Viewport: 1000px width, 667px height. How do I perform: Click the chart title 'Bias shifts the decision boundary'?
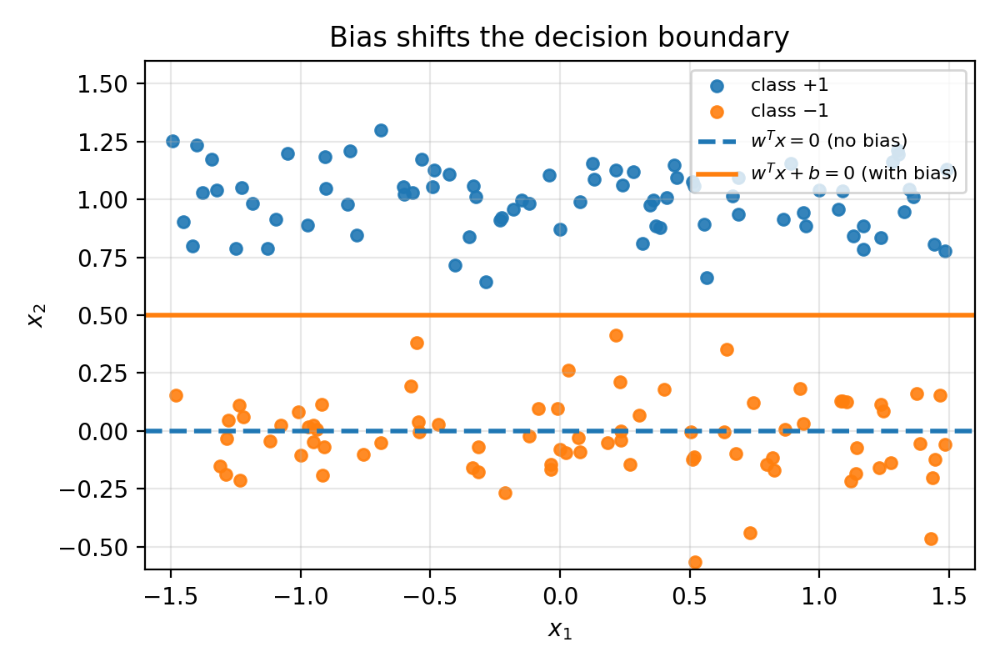[559, 38]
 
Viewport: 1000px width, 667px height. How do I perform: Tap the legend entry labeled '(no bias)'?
[829, 138]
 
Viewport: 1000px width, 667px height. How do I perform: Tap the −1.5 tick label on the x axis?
[170, 596]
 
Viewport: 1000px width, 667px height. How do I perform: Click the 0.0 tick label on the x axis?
[559, 596]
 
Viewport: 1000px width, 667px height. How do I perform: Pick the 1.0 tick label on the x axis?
[818, 596]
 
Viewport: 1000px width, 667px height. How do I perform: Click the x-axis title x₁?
[559, 629]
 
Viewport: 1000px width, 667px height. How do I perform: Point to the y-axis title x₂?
[35, 316]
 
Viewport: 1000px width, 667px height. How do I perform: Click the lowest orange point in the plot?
[695, 562]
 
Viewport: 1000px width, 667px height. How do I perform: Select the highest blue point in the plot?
[381, 130]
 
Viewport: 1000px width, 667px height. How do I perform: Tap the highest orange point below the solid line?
[616, 335]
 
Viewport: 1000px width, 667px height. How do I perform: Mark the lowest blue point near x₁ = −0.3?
[486, 282]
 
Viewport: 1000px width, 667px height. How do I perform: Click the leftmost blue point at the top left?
[172, 141]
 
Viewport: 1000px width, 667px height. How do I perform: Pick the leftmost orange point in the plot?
[176, 395]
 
